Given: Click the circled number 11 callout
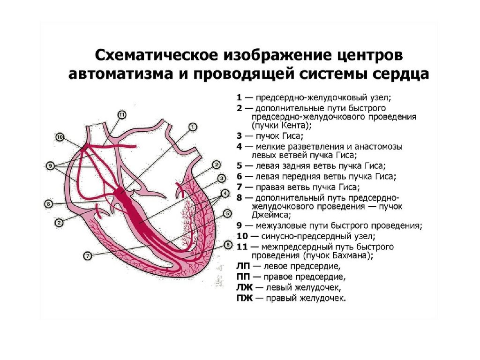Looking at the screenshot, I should pyautogui.click(x=122, y=114).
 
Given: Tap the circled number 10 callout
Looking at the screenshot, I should pyautogui.click(x=60, y=137).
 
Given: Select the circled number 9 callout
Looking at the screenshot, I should pyautogui.click(x=50, y=165).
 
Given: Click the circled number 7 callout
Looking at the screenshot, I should pyautogui.click(x=87, y=255).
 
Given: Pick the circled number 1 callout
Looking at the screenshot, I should pyautogui.click(x=193, y=127).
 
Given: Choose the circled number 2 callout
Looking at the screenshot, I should pyautogui.click(x=216, y=165).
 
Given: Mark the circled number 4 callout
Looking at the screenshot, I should pyautogui.click(x=225, y=193).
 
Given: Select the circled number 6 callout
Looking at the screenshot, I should pyautogui.click(x=228, y=244).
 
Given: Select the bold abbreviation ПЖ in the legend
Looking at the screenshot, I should pyautogui.click(x=243, y=298).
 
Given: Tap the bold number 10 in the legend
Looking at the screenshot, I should pyautogui.click(x=242, y=236).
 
